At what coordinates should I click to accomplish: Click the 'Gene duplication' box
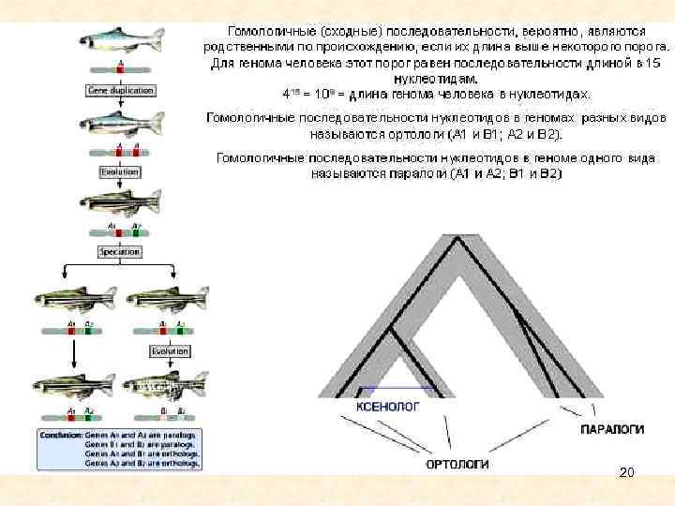tap(119, 90)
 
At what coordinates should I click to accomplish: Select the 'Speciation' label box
tap(119, 252)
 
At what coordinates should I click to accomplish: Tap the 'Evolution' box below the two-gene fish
tap(119, 172)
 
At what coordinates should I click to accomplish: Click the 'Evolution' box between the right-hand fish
tap(170, 350)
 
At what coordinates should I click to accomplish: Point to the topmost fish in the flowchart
tap(120, 40)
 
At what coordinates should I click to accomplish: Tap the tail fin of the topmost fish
tap(156, 38)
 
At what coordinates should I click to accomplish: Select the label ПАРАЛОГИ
tap(611, 427)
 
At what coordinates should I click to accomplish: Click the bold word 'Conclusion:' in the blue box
tap(57, 435)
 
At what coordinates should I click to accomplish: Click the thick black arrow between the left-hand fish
tap(74, 353)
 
